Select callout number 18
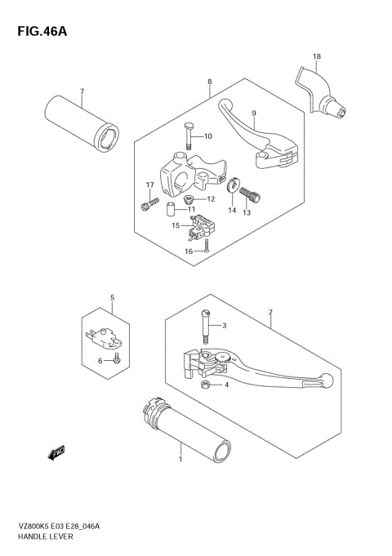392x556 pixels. (x=316, y=56)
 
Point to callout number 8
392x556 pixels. (x=210, y=82)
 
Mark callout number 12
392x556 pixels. (x=210, y=198)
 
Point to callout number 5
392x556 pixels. (x=113, y=298)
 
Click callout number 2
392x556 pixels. (x=269, y=312)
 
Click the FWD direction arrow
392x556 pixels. (x=56, y=451)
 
